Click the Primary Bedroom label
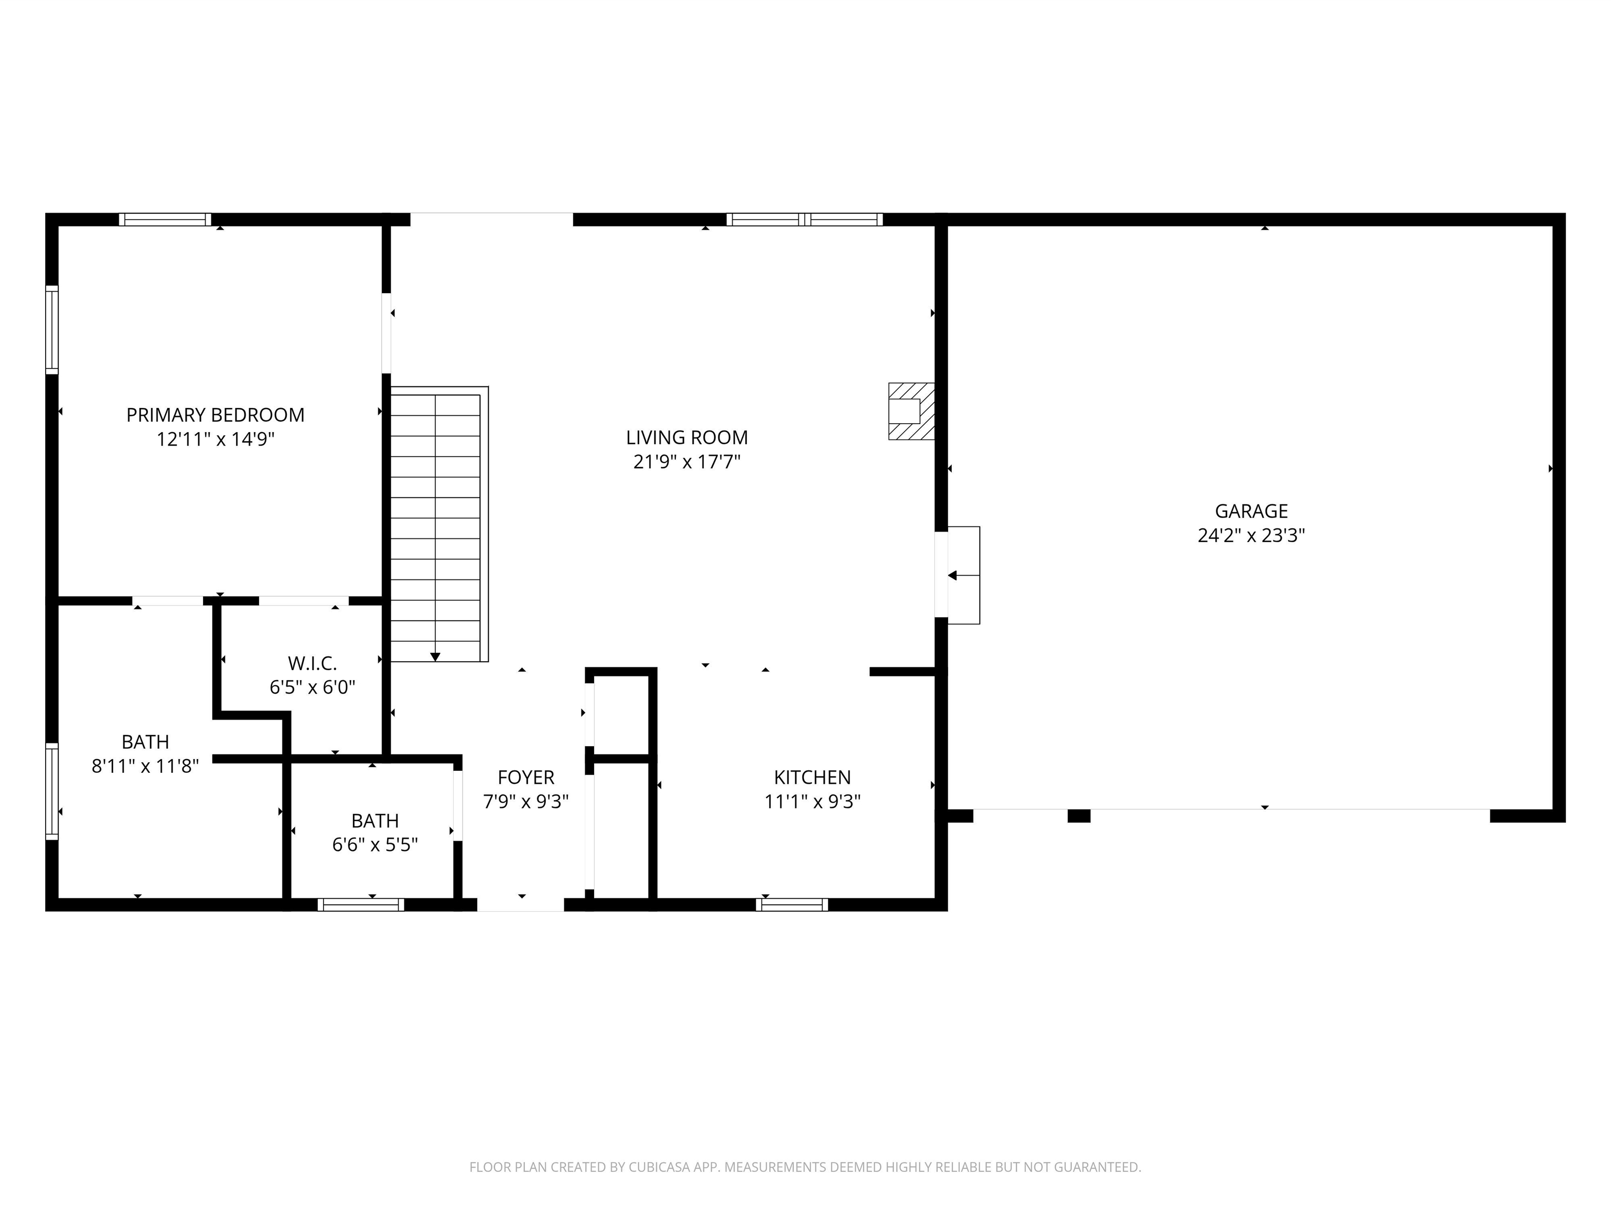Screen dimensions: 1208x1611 click(x=215, y=415)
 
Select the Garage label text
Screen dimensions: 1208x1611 click(x=1251, y=511)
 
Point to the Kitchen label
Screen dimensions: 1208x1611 click(x=811, y=777)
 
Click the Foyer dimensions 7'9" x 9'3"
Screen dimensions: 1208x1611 click(x=525, y=802)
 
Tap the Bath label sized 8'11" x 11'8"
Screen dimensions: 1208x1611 click(x=145, y=742)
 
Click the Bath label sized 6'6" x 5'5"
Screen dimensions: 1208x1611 click(x=374, y=821)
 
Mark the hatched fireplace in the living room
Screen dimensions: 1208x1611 click(x=910, y=412)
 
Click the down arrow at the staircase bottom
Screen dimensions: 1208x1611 click(x=435, y=657)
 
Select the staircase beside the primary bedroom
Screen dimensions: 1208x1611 click(x=435, y=524)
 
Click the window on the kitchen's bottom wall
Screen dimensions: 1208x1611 click(x=792, y=904)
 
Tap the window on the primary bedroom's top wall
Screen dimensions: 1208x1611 click(x=165, y=219)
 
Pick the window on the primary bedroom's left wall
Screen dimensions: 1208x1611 click(x=52, y=330)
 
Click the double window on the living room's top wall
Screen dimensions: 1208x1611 click(x=804, y=219)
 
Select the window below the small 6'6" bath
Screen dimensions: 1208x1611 click(x=360, y=904)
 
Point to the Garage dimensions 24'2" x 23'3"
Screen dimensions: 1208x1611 click(x=1251, y=536)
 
